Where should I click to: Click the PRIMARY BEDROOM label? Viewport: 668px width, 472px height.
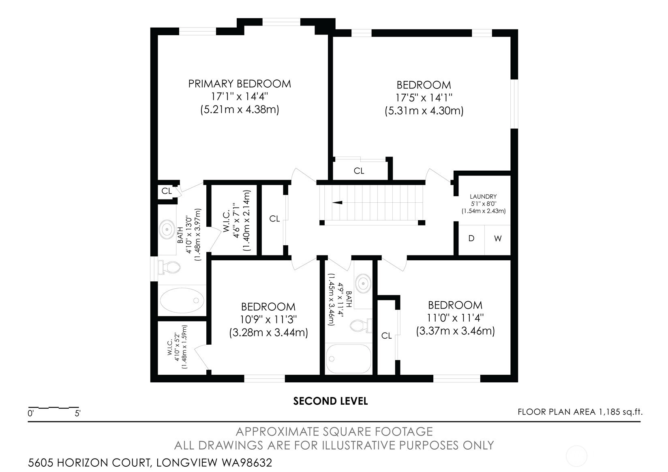tap(240, 84)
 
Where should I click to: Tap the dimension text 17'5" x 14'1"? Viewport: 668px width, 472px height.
tap(424, 98)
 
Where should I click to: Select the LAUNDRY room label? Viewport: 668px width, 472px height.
tap(483, 197)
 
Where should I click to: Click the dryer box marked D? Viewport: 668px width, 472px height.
tap(471, 239)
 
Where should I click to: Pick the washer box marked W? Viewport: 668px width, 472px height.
tap(498, 239)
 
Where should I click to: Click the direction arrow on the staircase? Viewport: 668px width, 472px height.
tap(337, 202)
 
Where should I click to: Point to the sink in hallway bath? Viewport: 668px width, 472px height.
tap(363, 281)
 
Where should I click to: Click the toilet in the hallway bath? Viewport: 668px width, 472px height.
tap(361, 325)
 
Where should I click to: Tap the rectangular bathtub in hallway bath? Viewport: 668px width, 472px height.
tap(349, 359)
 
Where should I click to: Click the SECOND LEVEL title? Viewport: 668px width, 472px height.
tap(330, 401)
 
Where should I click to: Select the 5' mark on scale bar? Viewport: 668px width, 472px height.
tap(77, 414)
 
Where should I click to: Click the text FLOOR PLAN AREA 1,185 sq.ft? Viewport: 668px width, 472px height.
tap(580, 412)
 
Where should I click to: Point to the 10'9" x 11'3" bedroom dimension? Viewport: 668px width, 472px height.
tap(268, 320)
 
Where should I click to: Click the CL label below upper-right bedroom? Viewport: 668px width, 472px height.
tap(359, 171)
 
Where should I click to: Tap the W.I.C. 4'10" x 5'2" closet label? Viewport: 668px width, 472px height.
tap(177, 347)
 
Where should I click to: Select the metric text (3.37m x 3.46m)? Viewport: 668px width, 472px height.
tap(455, 331)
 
